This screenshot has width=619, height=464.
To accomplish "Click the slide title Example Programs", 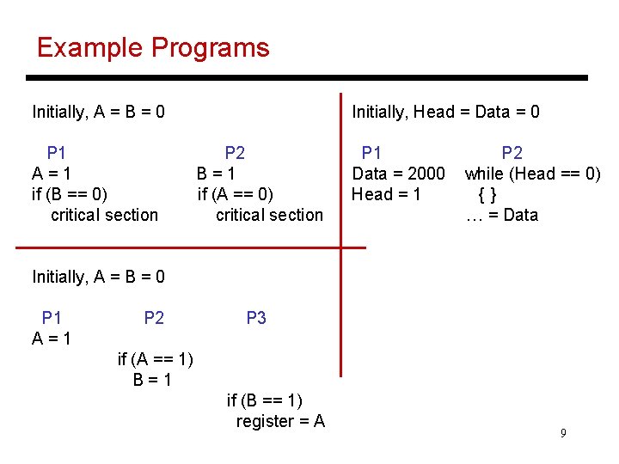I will coord(153,47).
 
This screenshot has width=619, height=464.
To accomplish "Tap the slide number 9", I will coord(563,433).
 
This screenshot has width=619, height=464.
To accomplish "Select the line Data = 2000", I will coord(399,174).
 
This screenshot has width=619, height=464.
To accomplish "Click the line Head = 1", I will coord(386,194).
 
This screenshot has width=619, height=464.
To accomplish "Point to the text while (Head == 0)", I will coord(532,174).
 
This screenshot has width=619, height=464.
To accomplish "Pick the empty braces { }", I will coord(487,194).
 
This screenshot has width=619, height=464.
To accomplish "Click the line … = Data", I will coord(502,215).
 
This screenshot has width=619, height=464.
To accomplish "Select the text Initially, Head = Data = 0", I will coord(445,112).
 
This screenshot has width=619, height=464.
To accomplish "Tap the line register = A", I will coord(280,421).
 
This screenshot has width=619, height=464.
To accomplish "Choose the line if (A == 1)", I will coord(156,359).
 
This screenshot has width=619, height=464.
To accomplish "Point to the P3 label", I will coord(256,318).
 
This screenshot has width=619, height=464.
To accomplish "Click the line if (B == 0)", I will coord(70,194).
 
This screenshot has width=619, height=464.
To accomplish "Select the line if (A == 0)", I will coord(236,194).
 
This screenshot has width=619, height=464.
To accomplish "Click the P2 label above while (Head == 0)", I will coord(512,153).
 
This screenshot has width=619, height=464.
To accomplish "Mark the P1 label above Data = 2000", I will coord(371,153).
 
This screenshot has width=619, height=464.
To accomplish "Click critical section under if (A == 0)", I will coord(269,215).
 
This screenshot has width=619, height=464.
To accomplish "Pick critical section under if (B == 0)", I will coord(104,215).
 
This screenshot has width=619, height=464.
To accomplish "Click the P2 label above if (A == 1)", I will coord(154,318).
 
